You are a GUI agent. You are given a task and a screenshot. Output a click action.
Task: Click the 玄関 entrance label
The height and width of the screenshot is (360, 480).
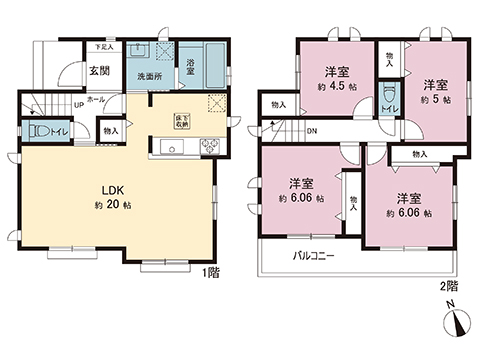(98, 71)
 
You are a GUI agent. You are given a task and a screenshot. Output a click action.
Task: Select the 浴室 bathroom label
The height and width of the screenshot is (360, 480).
(190, 68)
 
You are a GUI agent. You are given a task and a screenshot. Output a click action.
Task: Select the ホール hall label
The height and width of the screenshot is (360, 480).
(97, 101)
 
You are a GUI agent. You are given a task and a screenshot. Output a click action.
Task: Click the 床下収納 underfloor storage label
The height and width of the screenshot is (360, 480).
(184, 121)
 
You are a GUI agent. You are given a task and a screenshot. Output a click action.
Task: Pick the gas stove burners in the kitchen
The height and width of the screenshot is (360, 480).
(211, 147)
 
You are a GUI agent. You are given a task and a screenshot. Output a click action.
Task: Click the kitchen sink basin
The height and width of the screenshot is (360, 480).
(166, 147)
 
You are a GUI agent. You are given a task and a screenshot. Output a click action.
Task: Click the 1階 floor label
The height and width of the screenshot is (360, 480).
(209, 273)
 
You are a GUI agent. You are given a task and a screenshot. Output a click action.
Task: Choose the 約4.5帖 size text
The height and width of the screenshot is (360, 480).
(335, 87)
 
